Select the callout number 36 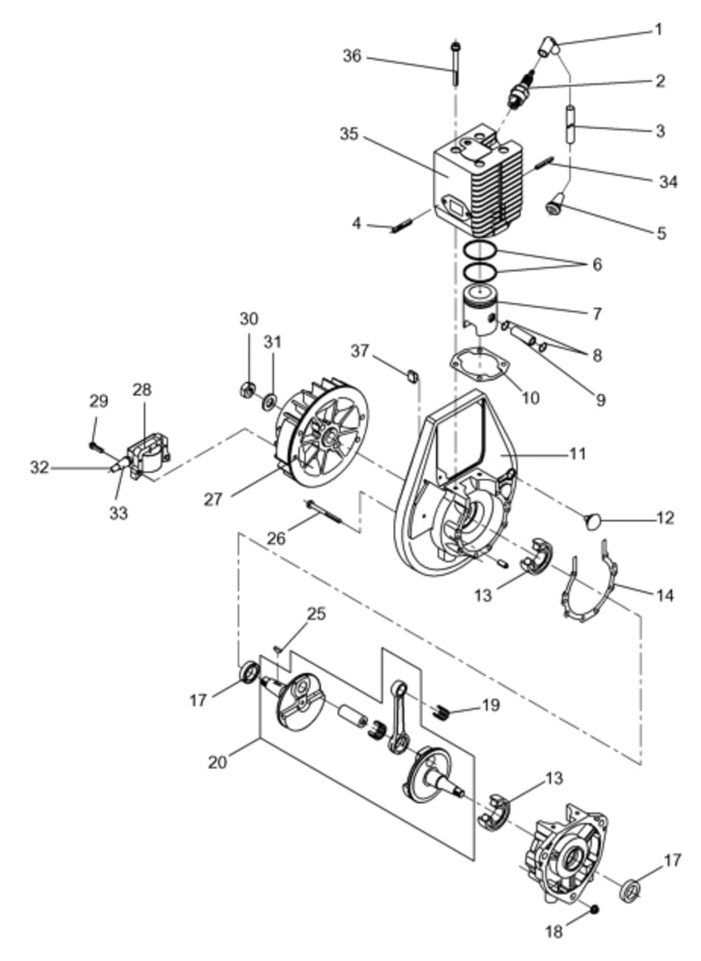click(352, 56)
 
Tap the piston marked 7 click(481, 310)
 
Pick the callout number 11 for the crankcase click(578, 453)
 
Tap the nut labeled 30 click(246, 390)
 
